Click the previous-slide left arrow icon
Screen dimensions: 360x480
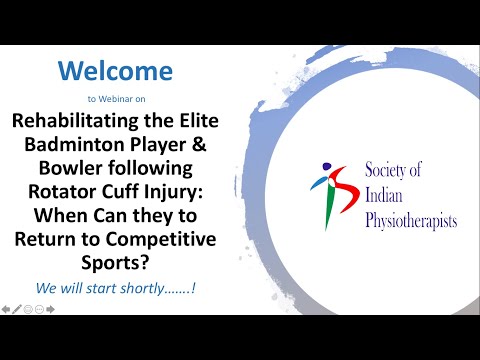(x=6, y=310)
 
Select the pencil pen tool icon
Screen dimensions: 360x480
(x=17, y=310)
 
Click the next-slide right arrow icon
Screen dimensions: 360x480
(x=50, y=310)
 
